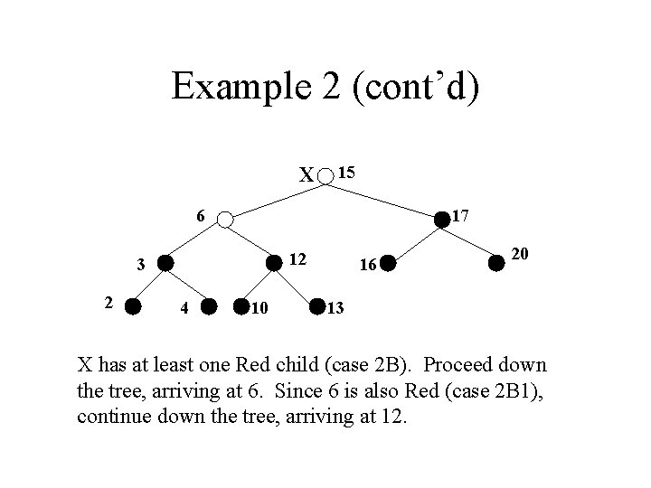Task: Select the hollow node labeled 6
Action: coord(225,219)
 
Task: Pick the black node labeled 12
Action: coord(273,263)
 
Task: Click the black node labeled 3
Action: coord(165,264)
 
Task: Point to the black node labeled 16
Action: coord(387,264)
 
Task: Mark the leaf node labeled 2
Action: coord(132,306)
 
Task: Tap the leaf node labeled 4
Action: coord(208,307)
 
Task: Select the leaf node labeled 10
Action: coord(241,307)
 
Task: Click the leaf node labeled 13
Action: coord(317,307)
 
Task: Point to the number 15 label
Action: coord(346,171)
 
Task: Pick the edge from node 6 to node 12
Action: coord(250,241)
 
